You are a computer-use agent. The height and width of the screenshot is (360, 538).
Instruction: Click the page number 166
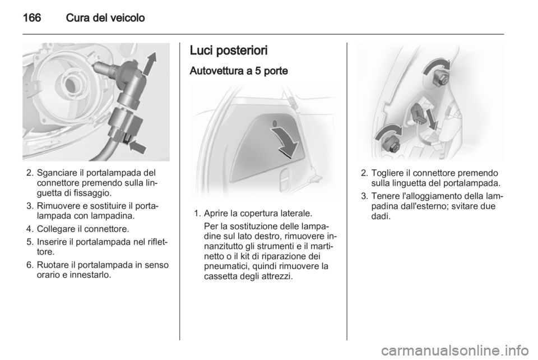(32, 17)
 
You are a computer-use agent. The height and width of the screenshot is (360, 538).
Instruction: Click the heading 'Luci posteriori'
(228, 50)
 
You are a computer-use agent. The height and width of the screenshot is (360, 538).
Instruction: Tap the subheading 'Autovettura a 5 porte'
(239, 71)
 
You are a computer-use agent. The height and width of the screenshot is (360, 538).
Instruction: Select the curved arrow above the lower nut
(388, 131)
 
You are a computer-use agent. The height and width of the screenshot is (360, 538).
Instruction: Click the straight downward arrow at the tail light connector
(431, 119)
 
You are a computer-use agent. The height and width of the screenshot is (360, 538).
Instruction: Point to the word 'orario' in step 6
(47, 275)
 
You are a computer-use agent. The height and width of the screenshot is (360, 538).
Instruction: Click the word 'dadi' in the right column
(381, 216)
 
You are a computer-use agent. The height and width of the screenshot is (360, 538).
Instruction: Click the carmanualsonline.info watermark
(458, 350)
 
